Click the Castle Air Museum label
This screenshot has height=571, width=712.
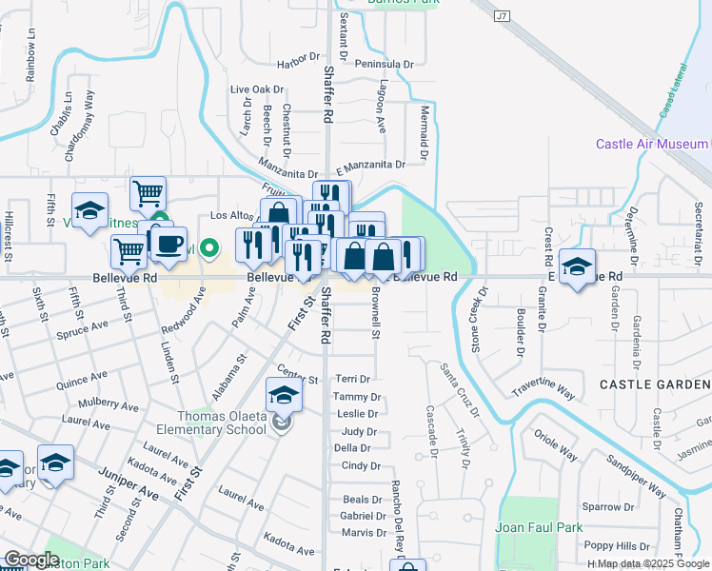tap(652, 144)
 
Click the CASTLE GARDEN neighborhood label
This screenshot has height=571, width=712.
tap(655, 384)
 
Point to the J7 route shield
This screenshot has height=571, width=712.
tap(503, 16)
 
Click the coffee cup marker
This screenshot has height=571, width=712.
tap(168, 244)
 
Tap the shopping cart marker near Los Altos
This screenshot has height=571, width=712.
tap(148, 193)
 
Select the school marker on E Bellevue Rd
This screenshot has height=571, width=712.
tap(577, 266)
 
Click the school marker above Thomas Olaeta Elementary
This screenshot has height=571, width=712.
tap(283, 394)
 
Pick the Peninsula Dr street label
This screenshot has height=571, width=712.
tap(384, 64)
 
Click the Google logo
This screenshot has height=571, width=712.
tap(31, 560)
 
